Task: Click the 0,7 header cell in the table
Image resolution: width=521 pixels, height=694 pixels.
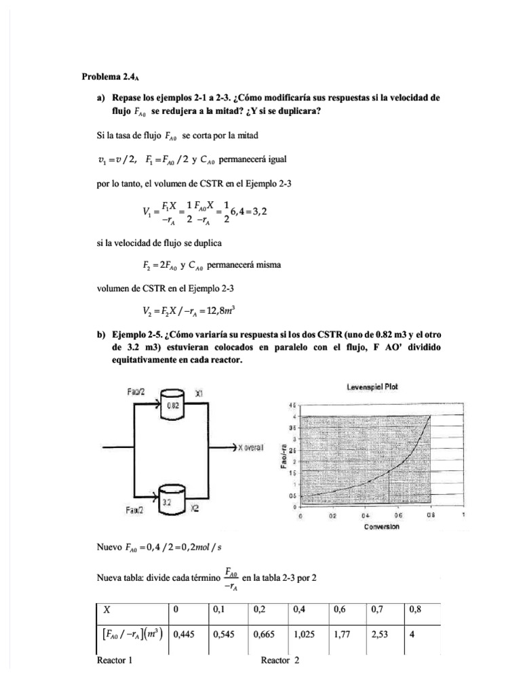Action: click(378, 610)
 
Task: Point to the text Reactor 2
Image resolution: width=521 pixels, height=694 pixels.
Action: click(279, 662)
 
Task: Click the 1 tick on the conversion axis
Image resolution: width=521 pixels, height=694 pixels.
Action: click(463, 516)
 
